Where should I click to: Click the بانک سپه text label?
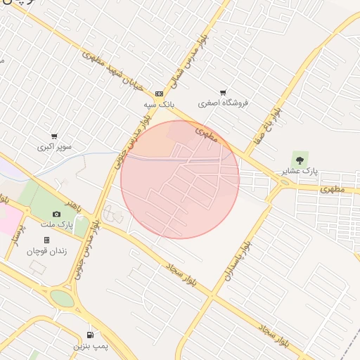tap(159, 104)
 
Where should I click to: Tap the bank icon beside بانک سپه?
tap(159, 94)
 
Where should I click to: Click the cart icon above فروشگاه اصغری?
tap(224, 93)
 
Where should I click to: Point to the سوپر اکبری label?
tap(55, 148)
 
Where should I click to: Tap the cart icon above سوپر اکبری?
tap(54, 136)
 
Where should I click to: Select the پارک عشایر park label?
tap(300, 171)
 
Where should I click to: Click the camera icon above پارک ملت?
tap(56, 214)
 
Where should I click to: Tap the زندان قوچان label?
tap(47, 251)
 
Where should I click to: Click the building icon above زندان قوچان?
tap(46, 240)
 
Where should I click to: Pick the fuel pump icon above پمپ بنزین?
tap(90, 335)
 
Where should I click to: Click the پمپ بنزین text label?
tap(91, 347)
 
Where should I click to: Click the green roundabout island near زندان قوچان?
tap(63, 299)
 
